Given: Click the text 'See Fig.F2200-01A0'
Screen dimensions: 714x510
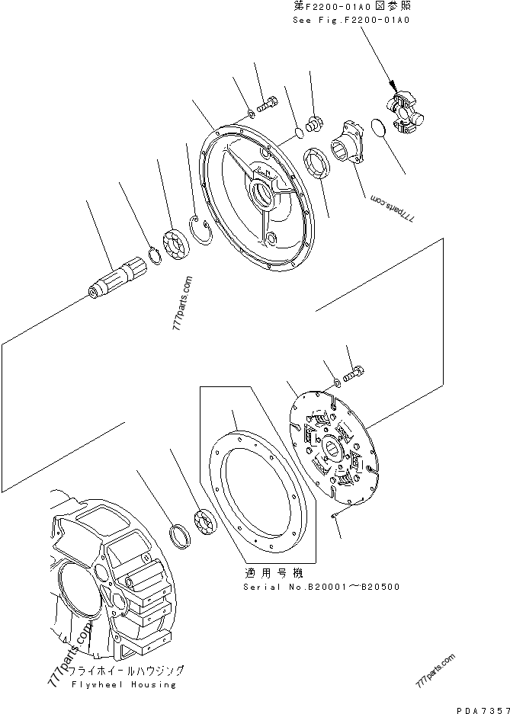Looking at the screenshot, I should coord(351,21).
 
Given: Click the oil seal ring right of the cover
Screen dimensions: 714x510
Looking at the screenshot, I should coord(317,164).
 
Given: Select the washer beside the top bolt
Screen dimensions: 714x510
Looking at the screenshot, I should coord(251,115).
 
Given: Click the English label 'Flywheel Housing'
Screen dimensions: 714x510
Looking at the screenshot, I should coord(125,684).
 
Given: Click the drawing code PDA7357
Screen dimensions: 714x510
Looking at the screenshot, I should coord(481,708).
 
